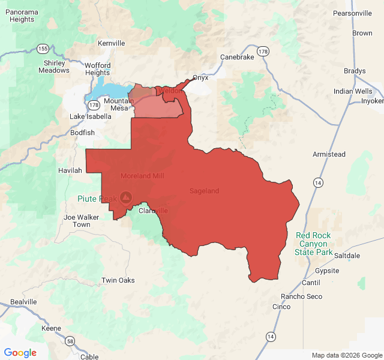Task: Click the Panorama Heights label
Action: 22,16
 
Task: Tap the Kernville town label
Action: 111,43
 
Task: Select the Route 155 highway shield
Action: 43,48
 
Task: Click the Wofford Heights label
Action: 97,69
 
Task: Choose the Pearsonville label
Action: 352,13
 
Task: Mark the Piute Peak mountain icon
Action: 126,197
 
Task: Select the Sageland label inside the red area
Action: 204,191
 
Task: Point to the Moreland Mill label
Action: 142,176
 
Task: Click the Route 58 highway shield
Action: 71,341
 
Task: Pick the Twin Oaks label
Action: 118,280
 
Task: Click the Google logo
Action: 20,353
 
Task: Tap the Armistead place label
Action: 329,154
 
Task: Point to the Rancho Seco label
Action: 301,296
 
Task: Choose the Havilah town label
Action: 70,170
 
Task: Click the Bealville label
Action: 23,301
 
